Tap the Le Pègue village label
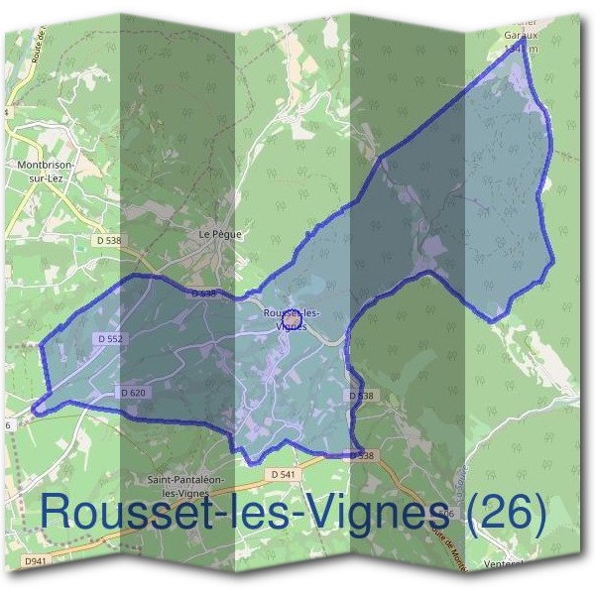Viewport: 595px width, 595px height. tap(219, 234)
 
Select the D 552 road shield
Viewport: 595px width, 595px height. tap(111, 338)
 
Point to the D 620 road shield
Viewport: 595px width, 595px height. tap(133, 393)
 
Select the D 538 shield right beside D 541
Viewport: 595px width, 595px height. tap(364, 455)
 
